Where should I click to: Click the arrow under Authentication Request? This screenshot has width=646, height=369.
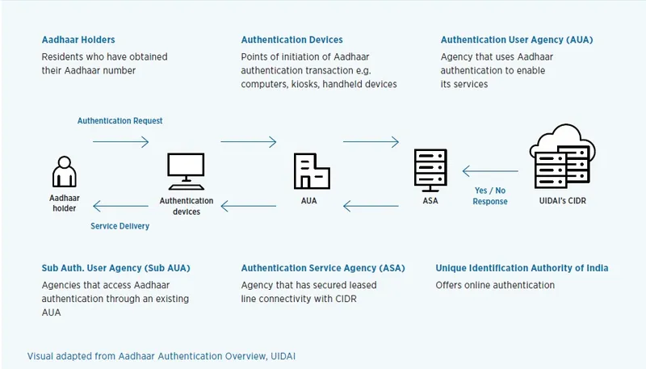120,142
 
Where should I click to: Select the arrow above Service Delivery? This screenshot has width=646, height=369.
120,206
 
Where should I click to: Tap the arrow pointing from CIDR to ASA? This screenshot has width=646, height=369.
490,171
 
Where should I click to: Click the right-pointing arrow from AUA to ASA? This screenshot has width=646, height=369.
371,142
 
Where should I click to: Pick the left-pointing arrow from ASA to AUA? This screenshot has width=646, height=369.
371,207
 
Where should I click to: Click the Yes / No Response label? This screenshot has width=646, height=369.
490,196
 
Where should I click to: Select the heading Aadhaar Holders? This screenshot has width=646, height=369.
78,40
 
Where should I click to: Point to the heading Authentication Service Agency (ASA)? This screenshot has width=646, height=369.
323,268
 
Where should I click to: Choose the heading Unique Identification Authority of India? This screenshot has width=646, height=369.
522,268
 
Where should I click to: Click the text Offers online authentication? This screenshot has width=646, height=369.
495,285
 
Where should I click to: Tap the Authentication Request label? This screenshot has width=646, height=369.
120,121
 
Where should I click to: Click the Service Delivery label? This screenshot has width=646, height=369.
120,226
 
